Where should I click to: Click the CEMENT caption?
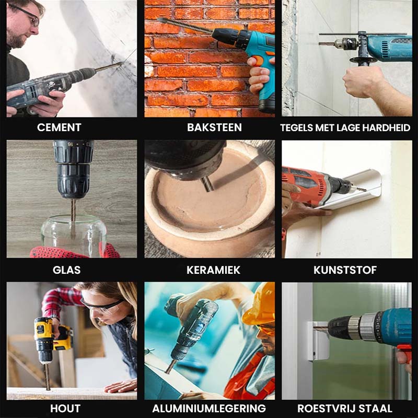[59, 127]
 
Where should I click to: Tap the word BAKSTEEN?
[214, 127]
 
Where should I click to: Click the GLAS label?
[67, 270]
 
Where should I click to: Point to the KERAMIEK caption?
[213, 270]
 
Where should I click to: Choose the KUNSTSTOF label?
[345, 270]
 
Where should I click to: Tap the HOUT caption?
[65, 408]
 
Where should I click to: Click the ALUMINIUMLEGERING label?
[209, 408]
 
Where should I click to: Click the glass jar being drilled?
[73, 235]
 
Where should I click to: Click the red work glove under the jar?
[75, 252]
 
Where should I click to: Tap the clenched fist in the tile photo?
[363, 82]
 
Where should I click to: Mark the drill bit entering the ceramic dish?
[208, 184]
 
